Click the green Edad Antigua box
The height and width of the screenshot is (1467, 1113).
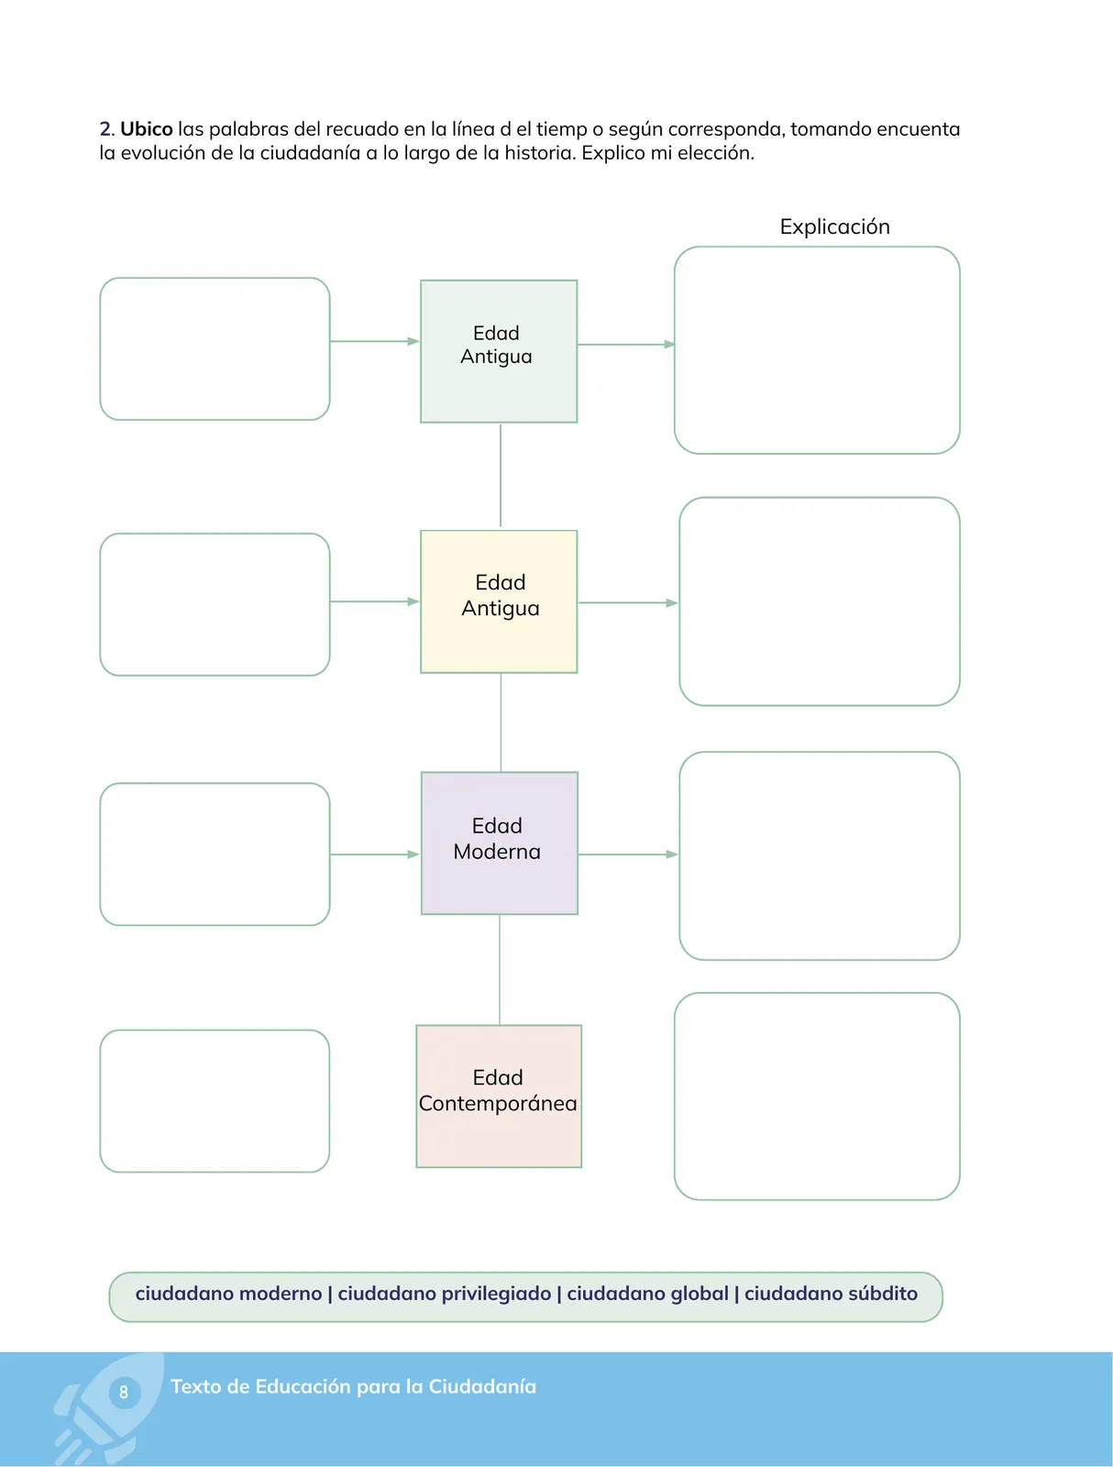pos(499,351)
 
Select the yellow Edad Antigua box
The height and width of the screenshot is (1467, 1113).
pos(499,601)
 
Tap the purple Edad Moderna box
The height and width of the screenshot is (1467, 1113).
pos(499,843)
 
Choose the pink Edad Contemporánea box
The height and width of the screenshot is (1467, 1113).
pos(499,1096)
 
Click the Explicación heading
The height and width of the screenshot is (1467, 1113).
pos(834,226)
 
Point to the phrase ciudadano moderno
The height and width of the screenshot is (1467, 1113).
pos(228,1293)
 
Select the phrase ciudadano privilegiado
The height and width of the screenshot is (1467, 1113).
pos(445,1294)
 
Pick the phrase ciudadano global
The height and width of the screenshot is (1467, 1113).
pos(647,1294)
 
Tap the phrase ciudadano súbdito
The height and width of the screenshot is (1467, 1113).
pos(831,1293)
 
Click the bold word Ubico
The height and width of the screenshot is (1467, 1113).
pos(147,128)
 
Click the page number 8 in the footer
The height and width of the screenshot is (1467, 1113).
pos(124,1392)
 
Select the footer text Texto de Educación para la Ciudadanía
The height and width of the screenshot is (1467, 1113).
pos(353,1387)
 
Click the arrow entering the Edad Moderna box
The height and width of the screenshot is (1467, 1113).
pos(375,855)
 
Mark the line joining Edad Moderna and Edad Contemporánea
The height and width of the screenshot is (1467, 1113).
pos(500,970)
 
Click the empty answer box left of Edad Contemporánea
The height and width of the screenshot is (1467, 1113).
pos(215,1101)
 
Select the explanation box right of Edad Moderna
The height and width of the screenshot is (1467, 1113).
pos(819,855)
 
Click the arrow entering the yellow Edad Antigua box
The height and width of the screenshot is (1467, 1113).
pos(375,601)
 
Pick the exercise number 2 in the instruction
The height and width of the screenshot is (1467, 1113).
pos(105,128)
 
